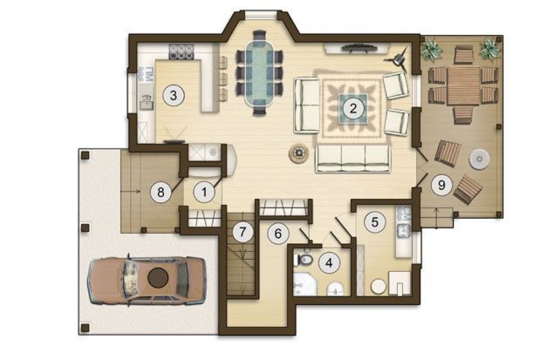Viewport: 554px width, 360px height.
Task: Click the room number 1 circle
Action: (204, 192)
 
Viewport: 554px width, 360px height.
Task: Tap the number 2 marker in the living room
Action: (353, 108)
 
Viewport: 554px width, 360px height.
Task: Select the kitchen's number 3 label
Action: (173, 95)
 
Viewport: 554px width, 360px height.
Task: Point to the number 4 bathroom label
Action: (329, 263)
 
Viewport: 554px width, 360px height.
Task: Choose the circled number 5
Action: (375, 222)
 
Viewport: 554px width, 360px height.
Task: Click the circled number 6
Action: (278, 234)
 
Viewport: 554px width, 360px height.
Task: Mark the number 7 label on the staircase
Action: (243, 232)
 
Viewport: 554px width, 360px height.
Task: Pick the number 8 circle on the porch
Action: (161, 192)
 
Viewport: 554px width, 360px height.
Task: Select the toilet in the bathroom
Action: (303, 260)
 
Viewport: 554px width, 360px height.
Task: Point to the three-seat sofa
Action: (353, 158)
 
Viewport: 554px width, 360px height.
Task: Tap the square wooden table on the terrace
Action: (463, 86)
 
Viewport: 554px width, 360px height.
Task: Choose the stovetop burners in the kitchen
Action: (182, 52)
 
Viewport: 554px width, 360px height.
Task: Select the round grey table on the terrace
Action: (479, 158)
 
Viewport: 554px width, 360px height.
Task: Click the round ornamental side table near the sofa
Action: (299, 153)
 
